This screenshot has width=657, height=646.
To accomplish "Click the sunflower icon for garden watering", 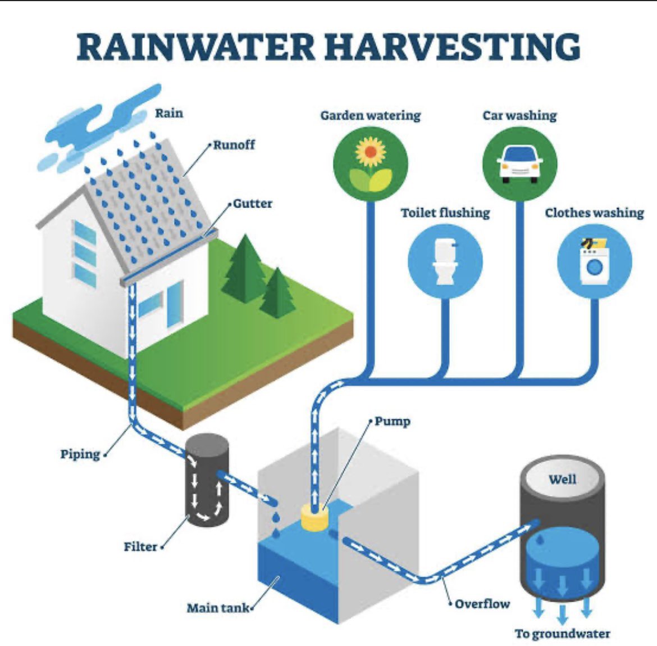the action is [371, 157].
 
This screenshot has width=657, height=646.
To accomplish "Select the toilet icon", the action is [445, 260].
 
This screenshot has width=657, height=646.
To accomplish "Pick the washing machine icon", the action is [594, 260].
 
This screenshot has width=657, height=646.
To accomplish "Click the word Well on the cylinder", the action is [562, 479].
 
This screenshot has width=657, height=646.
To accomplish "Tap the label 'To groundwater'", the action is [562, 634].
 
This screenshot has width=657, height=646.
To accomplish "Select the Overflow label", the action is [482, 604].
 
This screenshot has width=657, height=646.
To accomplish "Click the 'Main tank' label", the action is [218, 607].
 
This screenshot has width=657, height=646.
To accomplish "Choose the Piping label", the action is [80, 454].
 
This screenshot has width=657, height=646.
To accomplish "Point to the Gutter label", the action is [252, 204].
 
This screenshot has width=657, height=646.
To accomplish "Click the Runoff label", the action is [234, 144].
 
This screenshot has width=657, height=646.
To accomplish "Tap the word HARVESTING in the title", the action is [452, 47].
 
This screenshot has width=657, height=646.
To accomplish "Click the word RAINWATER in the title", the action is [196, 47].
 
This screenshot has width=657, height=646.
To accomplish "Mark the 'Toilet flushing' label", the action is [445, 213].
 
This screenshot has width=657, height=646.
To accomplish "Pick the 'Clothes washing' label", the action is [594, 213].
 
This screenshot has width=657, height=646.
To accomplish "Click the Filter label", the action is [140, 546].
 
